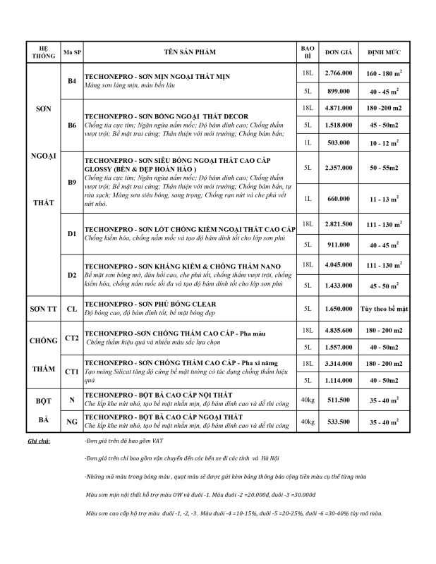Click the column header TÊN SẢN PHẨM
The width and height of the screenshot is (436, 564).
(190, 52)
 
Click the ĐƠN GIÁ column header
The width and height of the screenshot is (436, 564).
(338, 52)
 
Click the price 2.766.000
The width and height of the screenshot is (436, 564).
(338, 73)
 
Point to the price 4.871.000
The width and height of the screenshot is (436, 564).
(338, 108)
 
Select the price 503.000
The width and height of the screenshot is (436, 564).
(338, 142)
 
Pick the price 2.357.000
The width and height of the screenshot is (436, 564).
(338, 168)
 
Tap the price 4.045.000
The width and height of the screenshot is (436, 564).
(338, 265)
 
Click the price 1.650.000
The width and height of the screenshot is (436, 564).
(338, 309)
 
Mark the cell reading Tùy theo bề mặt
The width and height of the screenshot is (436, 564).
(384, 309)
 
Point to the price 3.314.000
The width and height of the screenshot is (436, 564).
(338, 363)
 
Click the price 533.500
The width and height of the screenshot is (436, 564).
(338, 422)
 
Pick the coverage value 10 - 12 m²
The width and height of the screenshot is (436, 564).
(384, 142)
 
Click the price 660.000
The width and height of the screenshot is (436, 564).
(338, 200)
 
